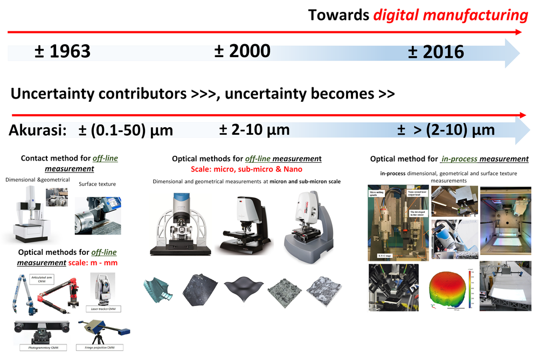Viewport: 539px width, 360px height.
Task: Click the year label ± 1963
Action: (62, 52)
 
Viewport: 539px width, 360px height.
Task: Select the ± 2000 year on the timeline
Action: (242, 51)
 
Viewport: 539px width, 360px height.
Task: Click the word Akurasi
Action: (37, 130)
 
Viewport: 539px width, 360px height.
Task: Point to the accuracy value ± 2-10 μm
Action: (254, 130)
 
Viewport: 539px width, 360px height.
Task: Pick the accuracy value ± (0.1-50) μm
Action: (126, 130)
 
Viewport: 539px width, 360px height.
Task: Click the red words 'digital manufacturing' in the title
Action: (450, 15)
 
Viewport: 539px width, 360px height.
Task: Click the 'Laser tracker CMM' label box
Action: (103, 309)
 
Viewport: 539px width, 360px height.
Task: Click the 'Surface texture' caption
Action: (98, 184)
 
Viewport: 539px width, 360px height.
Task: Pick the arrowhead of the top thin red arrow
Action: (519, 32)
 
